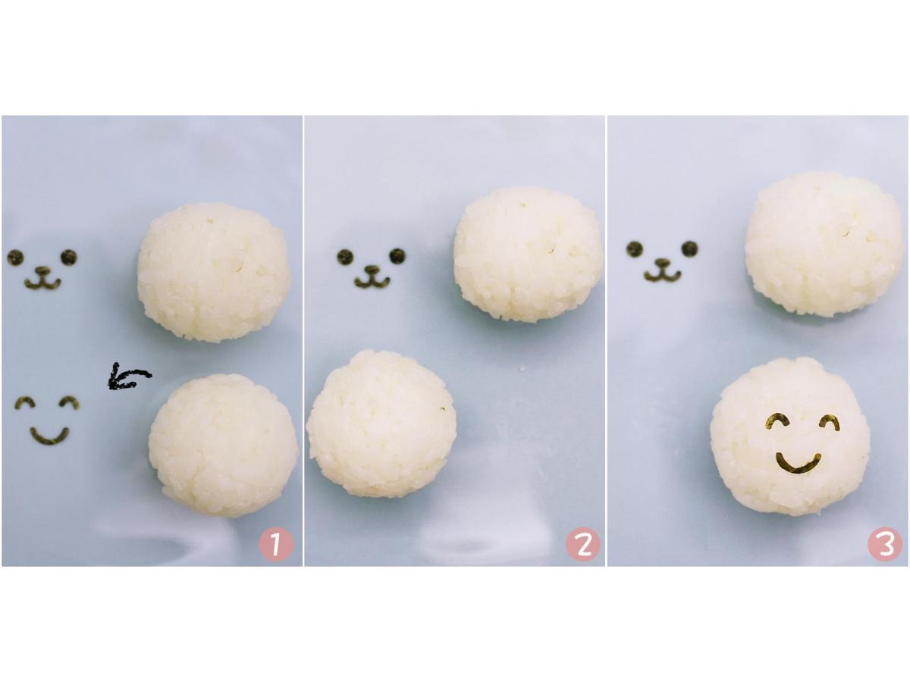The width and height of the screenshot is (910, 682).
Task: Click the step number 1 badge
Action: pos(276,544)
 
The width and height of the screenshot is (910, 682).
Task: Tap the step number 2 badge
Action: pos(582,544)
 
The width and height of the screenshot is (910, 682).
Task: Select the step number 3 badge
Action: pos(884,544)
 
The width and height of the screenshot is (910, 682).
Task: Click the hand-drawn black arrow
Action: pos(130,377)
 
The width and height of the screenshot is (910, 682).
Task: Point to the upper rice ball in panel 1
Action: pos(214,273)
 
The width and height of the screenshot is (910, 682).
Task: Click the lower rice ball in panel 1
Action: pos(223,445)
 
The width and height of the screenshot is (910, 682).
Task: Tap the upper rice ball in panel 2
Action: pos(528,255)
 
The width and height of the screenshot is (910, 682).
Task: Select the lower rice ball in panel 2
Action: pos(381,424)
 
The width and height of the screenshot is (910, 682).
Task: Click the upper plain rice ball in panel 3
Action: pos(824,244)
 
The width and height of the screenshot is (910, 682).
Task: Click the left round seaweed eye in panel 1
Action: pos(15,258)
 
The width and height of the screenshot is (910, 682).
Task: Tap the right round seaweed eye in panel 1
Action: pos(68,257)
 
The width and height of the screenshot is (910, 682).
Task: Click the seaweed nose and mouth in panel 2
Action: pos(372,277)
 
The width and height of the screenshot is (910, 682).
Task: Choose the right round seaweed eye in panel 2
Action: pos(397,256)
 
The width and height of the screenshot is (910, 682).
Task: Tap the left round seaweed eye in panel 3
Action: pos(634,249)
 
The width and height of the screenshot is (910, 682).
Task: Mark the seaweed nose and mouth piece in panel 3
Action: pos(662,271)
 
